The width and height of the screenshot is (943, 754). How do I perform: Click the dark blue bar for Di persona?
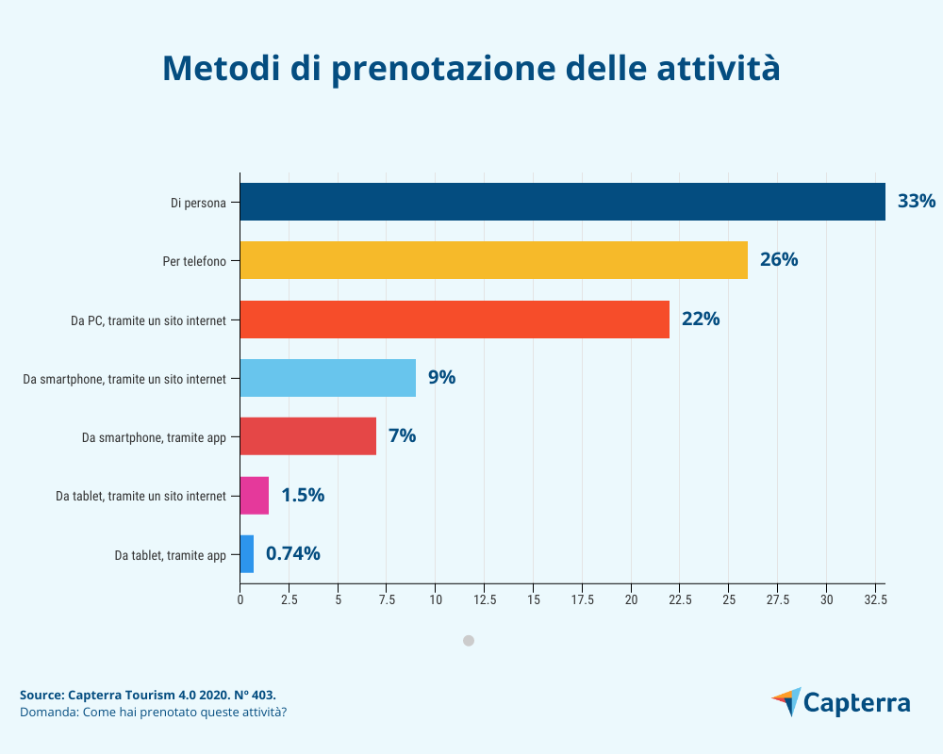point(562,202)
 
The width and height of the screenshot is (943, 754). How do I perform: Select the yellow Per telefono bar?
point(493,260)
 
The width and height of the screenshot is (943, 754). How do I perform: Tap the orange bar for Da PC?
point(455,319)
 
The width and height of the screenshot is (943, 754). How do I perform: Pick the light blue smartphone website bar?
point(327,378)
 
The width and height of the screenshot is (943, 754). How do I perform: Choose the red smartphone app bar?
point(307,436)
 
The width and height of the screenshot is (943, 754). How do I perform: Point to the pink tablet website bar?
point(255,495)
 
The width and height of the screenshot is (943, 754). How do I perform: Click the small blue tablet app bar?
point(247,554)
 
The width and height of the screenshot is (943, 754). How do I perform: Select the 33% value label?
point(916,202)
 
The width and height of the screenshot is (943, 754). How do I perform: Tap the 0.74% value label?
point(292,554)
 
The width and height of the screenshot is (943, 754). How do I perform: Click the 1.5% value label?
point(303,495)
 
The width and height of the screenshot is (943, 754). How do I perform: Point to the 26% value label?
point(779,260)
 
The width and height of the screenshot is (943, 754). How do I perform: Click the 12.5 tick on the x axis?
point(485,599)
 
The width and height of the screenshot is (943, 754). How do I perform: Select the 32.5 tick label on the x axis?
point(875,599)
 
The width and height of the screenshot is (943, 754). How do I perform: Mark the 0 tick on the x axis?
point(240,599)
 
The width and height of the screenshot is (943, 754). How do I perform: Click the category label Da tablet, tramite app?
point(171,555)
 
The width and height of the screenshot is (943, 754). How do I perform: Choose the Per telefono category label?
point(194,261)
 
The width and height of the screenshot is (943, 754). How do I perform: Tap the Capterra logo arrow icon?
point(786,701)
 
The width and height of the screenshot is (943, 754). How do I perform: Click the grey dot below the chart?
point(469,641)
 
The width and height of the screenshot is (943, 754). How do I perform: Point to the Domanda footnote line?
point(153,712)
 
